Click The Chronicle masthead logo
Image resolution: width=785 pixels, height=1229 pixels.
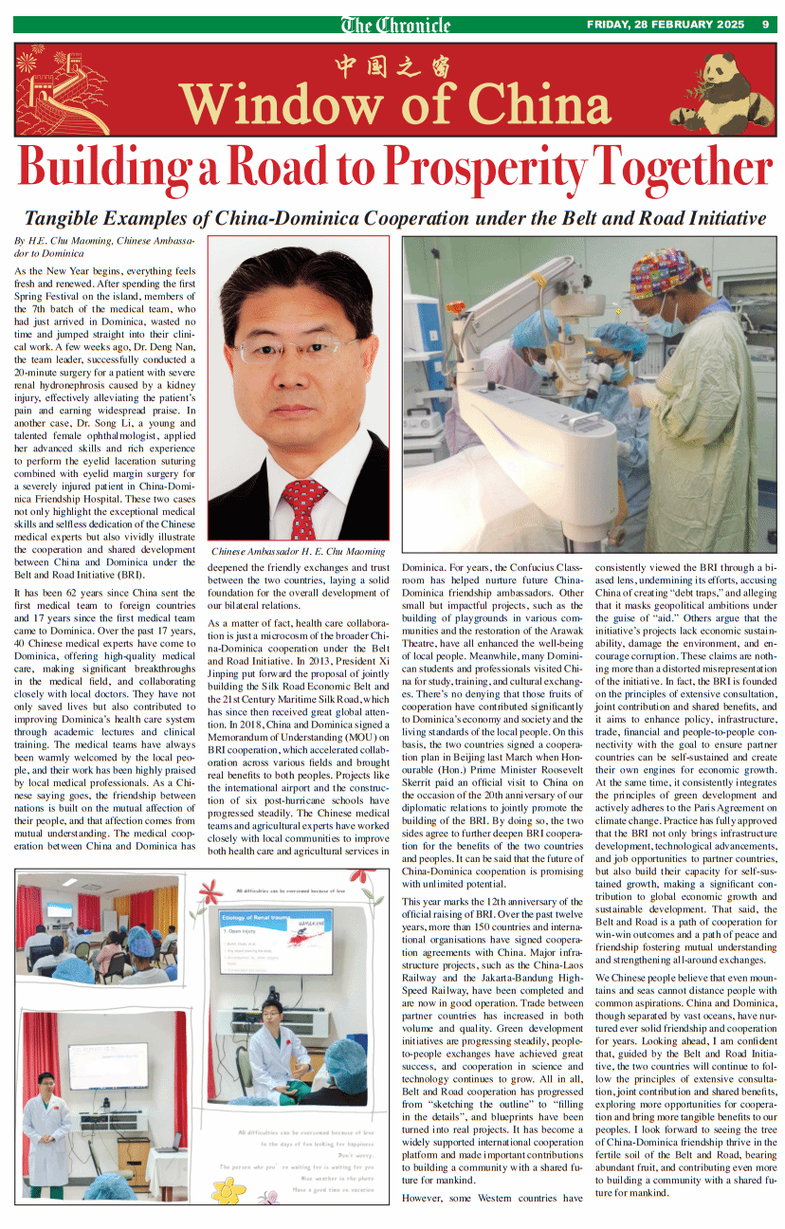pos(395,25)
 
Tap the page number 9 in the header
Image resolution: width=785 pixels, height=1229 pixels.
pos(765,25)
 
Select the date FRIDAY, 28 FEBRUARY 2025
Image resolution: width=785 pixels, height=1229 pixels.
pos(665,25)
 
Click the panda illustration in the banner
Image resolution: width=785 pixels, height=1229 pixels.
pos(722,91)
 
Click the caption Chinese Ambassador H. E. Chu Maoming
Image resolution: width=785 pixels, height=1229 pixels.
pos(298,551)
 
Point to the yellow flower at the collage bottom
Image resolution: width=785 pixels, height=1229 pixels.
pos(227,1189)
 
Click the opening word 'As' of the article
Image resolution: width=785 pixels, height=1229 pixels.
pos(21,271)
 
